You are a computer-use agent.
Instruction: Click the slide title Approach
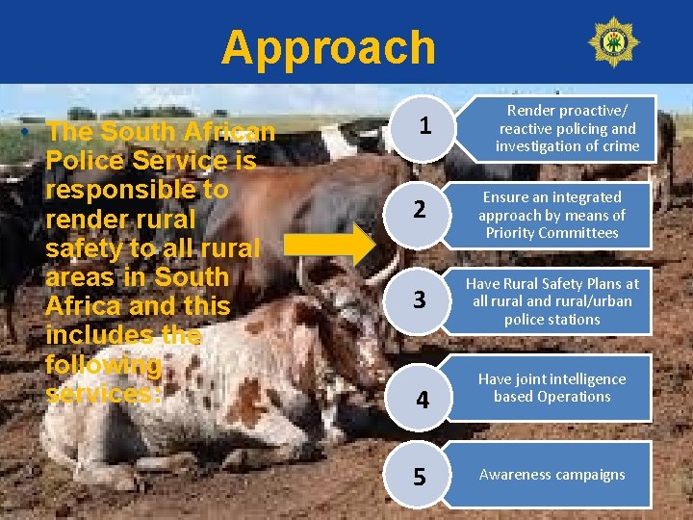327,47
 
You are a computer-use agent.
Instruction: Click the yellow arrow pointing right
333,247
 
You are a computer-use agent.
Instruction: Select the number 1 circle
424,127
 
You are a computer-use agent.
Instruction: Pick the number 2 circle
420,210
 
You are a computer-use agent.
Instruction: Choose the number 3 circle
420,299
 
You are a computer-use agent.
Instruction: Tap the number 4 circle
423,397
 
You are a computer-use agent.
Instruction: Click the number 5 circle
420,477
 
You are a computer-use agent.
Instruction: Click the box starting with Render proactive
567,128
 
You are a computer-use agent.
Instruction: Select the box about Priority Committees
552,215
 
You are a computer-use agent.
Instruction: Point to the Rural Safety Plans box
552,301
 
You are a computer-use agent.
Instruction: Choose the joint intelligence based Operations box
552,388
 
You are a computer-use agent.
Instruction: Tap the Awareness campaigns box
552,475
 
